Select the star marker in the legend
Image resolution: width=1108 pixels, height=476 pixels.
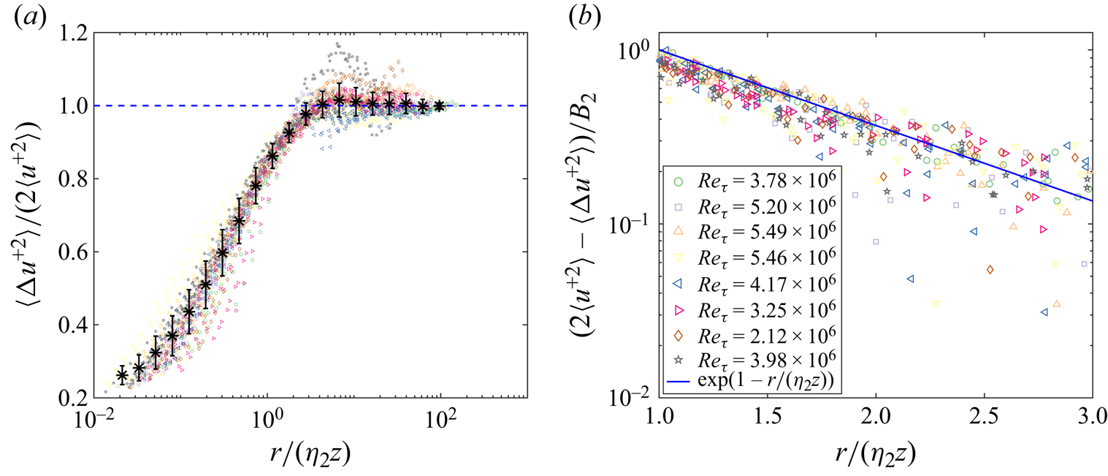pos(678,359)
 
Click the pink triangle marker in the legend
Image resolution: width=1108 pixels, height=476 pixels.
pos(678,308)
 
